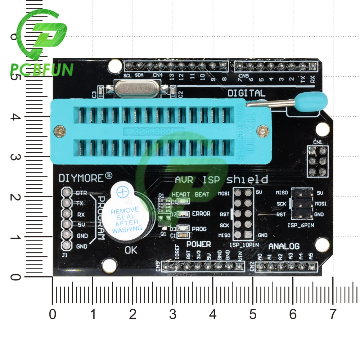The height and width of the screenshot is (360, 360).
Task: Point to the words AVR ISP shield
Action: [221, 179]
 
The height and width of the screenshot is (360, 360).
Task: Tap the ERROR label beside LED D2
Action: [201, 213]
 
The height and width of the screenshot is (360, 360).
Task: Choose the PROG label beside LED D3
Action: [199, 229]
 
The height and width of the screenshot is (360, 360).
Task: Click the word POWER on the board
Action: [198, 244]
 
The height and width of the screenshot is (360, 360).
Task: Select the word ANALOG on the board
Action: [284, 246]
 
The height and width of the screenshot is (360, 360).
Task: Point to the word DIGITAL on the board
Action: [246, 93]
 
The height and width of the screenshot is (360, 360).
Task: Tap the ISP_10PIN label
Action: [242, 245]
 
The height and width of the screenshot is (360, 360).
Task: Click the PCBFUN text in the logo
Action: [42, 69]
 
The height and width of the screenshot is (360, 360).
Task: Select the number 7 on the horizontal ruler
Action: [332, 314]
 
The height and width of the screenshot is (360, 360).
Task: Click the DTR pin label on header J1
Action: [81, 193]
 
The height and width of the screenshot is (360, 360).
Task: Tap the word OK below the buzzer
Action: [131, 251]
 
